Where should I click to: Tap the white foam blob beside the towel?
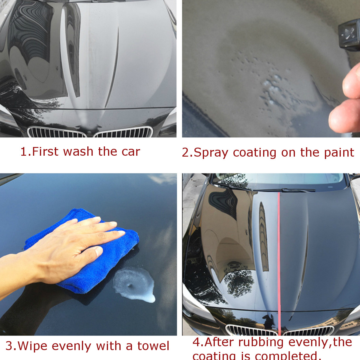pos(135,283)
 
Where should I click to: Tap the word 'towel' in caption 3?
pos(153,346)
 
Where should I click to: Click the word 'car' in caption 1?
pos(131,152)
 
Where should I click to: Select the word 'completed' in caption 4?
pos(288,356)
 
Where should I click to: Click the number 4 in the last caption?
pos(196,342)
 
